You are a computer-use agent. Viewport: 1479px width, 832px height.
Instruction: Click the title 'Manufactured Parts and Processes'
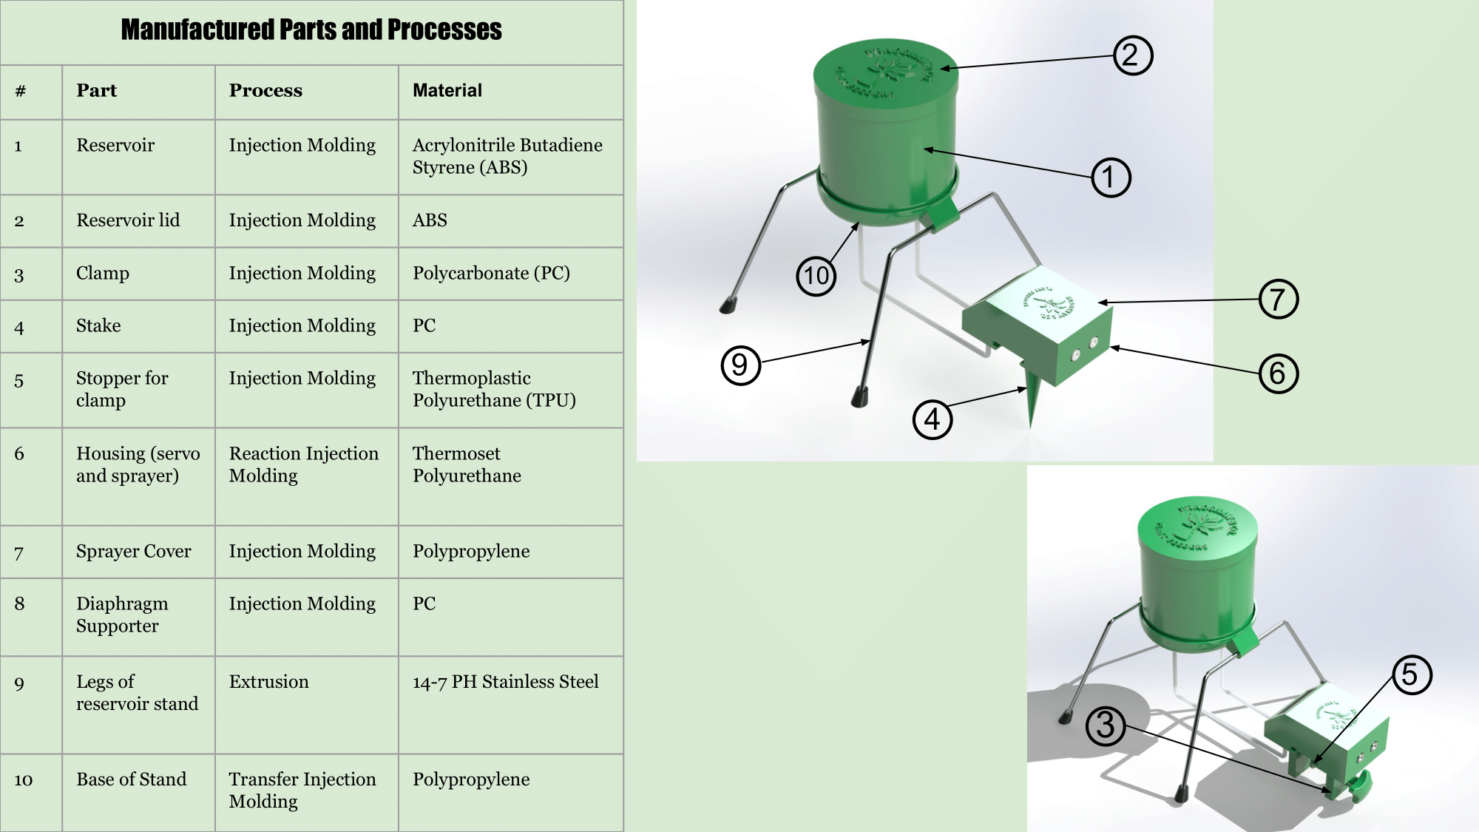(x=311, y=30)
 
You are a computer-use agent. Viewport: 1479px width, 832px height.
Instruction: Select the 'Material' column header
(x=447, y=90)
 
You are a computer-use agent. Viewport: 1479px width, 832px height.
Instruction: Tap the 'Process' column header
(x=265, y=90)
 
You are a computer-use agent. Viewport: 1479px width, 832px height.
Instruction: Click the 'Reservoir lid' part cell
(x=128, y=220)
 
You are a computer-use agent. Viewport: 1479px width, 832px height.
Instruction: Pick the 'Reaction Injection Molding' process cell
(x=303, y=464)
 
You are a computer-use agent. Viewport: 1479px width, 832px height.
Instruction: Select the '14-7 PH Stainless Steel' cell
(x=505, y=682)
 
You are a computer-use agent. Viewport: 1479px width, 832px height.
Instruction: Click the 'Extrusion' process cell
(x=268, y=682)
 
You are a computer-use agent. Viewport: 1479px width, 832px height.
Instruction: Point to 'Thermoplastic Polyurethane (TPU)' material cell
(x=493, y=389)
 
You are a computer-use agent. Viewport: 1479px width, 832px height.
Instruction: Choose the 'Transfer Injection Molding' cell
(x=302, y=790)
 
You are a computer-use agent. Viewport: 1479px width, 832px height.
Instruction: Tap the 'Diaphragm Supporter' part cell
(x=122, y=615)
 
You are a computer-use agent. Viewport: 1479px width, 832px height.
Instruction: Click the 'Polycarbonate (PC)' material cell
(x=491, y=274)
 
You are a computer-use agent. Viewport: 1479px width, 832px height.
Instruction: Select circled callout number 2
(x=1132, y=55)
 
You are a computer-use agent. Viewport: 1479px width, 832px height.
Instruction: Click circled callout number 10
(x=816, y=277)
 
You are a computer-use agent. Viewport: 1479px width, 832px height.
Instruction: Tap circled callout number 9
(x=740, y=365)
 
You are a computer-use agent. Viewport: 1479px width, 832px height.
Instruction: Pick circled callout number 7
(x=1278, y=300)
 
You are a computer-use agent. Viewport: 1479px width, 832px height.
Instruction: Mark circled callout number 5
(x=1411, y=674)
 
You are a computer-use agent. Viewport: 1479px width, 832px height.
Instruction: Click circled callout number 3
(x=1105, y=726)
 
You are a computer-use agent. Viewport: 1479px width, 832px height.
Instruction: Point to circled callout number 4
(x=932, y=420)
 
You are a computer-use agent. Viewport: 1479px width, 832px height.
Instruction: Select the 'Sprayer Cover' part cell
(x=133, y=552)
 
